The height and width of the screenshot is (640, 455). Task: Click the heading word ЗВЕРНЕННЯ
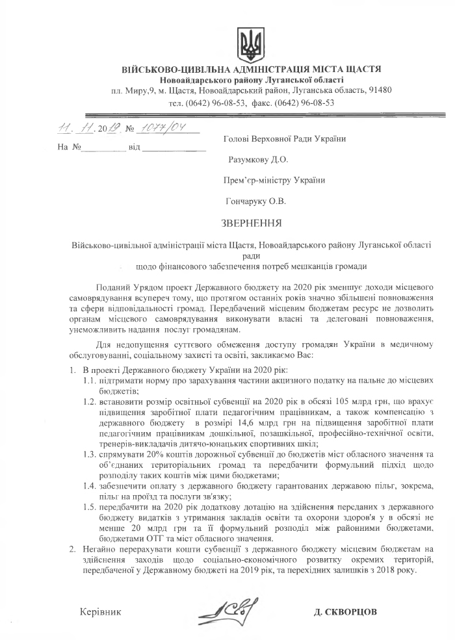coord(251,225)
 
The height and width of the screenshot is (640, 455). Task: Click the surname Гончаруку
coord(246,201)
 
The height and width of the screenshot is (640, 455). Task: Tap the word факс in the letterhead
coord(260,103)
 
